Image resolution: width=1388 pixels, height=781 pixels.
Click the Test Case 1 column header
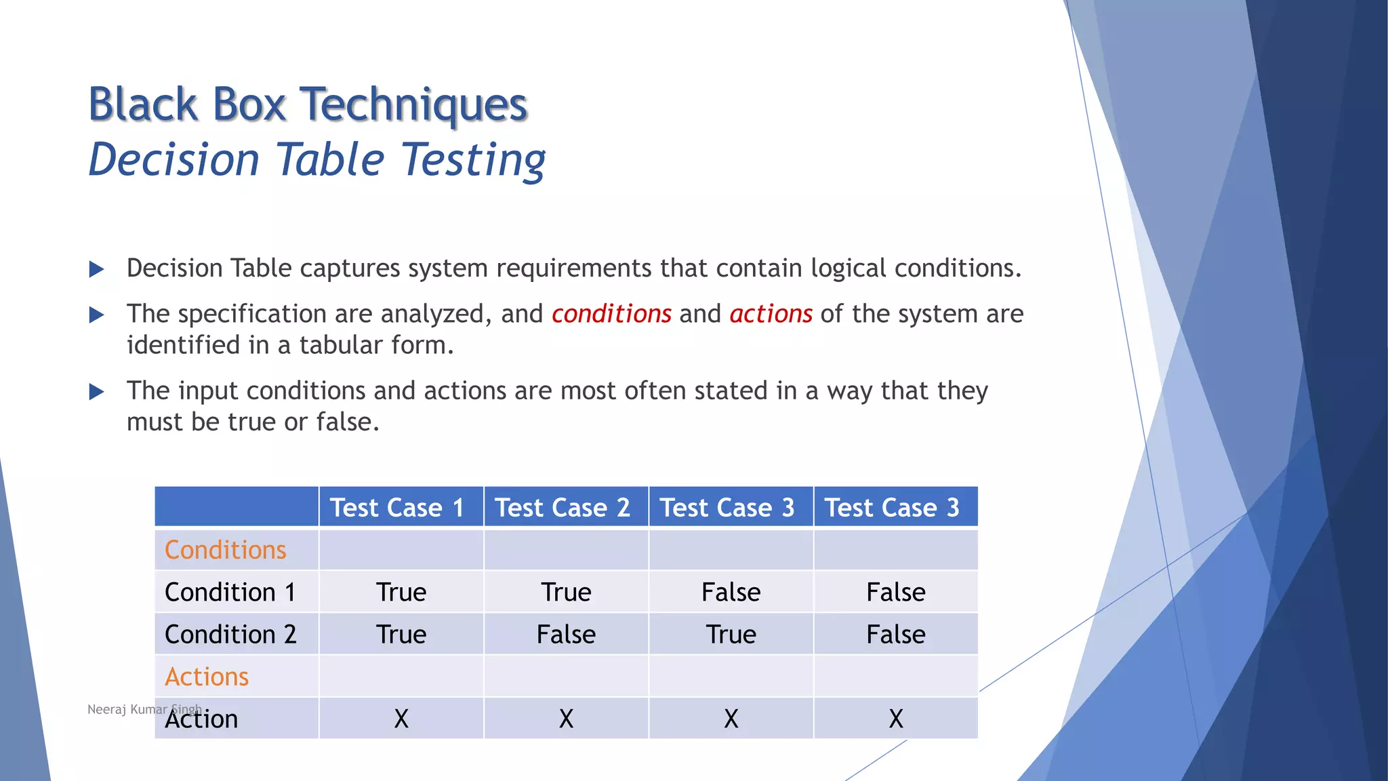coord(397,507)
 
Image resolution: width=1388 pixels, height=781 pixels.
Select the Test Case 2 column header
coord(563,507)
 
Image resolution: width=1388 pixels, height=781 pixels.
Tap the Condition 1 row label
coord(230,592)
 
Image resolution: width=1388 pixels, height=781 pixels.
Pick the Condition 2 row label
coord(230,634)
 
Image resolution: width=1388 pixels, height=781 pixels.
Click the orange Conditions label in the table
coord(225,550)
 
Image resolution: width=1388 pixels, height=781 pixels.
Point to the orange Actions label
coord(207,677)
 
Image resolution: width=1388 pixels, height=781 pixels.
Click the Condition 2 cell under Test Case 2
coord(566,635)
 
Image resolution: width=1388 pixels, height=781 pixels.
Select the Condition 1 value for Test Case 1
coord(401,592)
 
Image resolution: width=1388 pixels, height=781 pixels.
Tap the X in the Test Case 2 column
coord(566,719)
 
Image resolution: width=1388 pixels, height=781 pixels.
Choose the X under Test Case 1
coord(401,719)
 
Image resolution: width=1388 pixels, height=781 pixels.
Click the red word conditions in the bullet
coord(611,314)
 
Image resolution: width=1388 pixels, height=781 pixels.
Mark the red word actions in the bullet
coord(771,314)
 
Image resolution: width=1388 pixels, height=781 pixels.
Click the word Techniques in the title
coord(413,105)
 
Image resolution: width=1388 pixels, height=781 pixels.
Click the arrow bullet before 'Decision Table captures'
coord(97,269)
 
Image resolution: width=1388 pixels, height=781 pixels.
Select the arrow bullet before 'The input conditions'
coord(97,391)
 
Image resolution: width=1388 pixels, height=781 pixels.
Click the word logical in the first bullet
coord(848,268)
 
